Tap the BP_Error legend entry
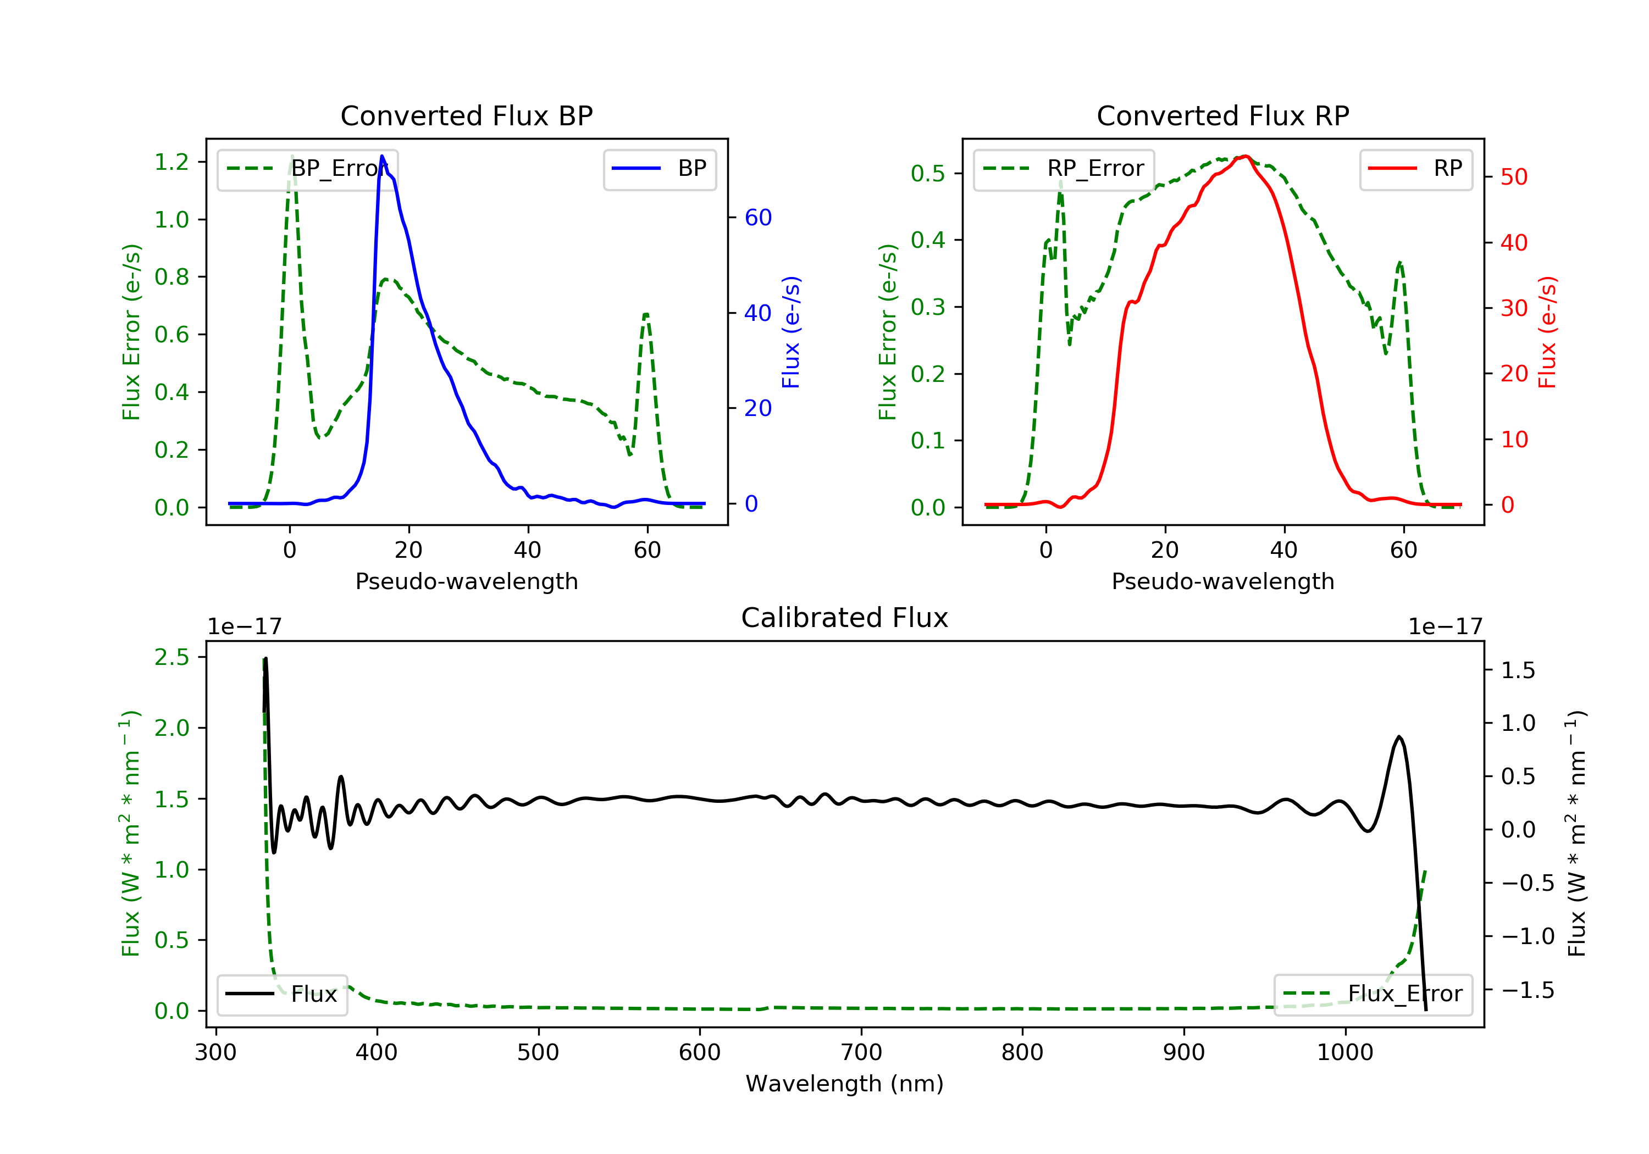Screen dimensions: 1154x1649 [x=307, y=169]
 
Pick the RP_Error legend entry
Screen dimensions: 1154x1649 [x=1064, y=169]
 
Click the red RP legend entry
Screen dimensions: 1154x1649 [x=1415, y=169]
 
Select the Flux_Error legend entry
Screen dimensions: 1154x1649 [x=1373, y=994]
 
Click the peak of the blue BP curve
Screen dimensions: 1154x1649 [x=382, y=156]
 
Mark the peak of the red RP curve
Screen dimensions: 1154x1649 [x=1246, y=157]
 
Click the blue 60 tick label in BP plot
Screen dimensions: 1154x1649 [x=757, y=218]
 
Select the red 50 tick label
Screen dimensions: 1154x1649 [x=1514, y=177]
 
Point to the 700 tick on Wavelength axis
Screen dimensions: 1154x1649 [x=861, y=1053]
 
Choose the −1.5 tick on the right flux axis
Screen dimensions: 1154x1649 [x=1528, y=990]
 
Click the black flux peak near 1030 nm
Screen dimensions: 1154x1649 [x=1399, y=737]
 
